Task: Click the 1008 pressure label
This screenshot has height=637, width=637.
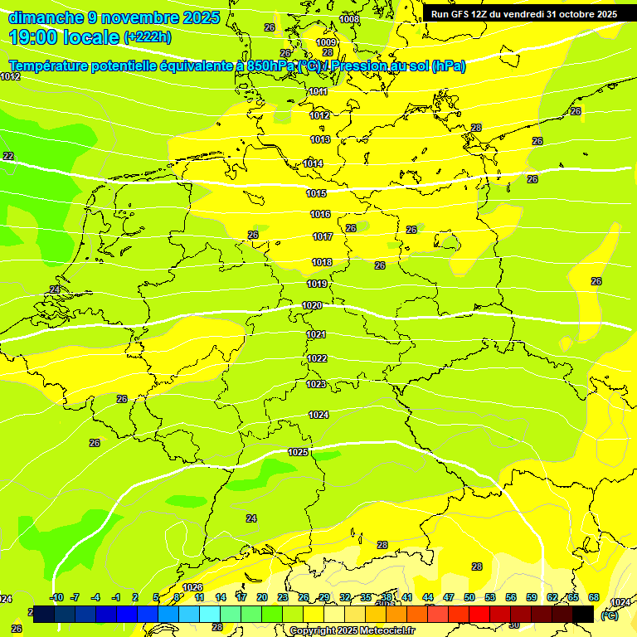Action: [x=349, y=18]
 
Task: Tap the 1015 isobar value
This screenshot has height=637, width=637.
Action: [x=316, y=193]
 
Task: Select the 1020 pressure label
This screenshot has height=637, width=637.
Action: [x=312, y=305]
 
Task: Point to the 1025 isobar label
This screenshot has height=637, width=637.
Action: [x=298, y=452]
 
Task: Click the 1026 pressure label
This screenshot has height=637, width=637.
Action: [x=192, y=587]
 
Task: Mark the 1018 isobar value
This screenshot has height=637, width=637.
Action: [x=322, y=262]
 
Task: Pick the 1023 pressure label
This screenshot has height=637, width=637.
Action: [x=316, y=384]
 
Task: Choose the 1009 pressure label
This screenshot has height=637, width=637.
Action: [x=326, y=42]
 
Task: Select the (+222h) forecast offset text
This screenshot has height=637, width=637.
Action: [x=147, y=37]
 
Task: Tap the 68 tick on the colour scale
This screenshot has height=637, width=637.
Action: [x=594, y=597]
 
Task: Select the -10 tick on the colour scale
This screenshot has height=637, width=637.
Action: [x=56, y=597]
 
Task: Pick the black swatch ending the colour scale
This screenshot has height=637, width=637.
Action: [x=583, y=614]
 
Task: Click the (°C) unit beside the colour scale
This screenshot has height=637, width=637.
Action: [x=609, y=615]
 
